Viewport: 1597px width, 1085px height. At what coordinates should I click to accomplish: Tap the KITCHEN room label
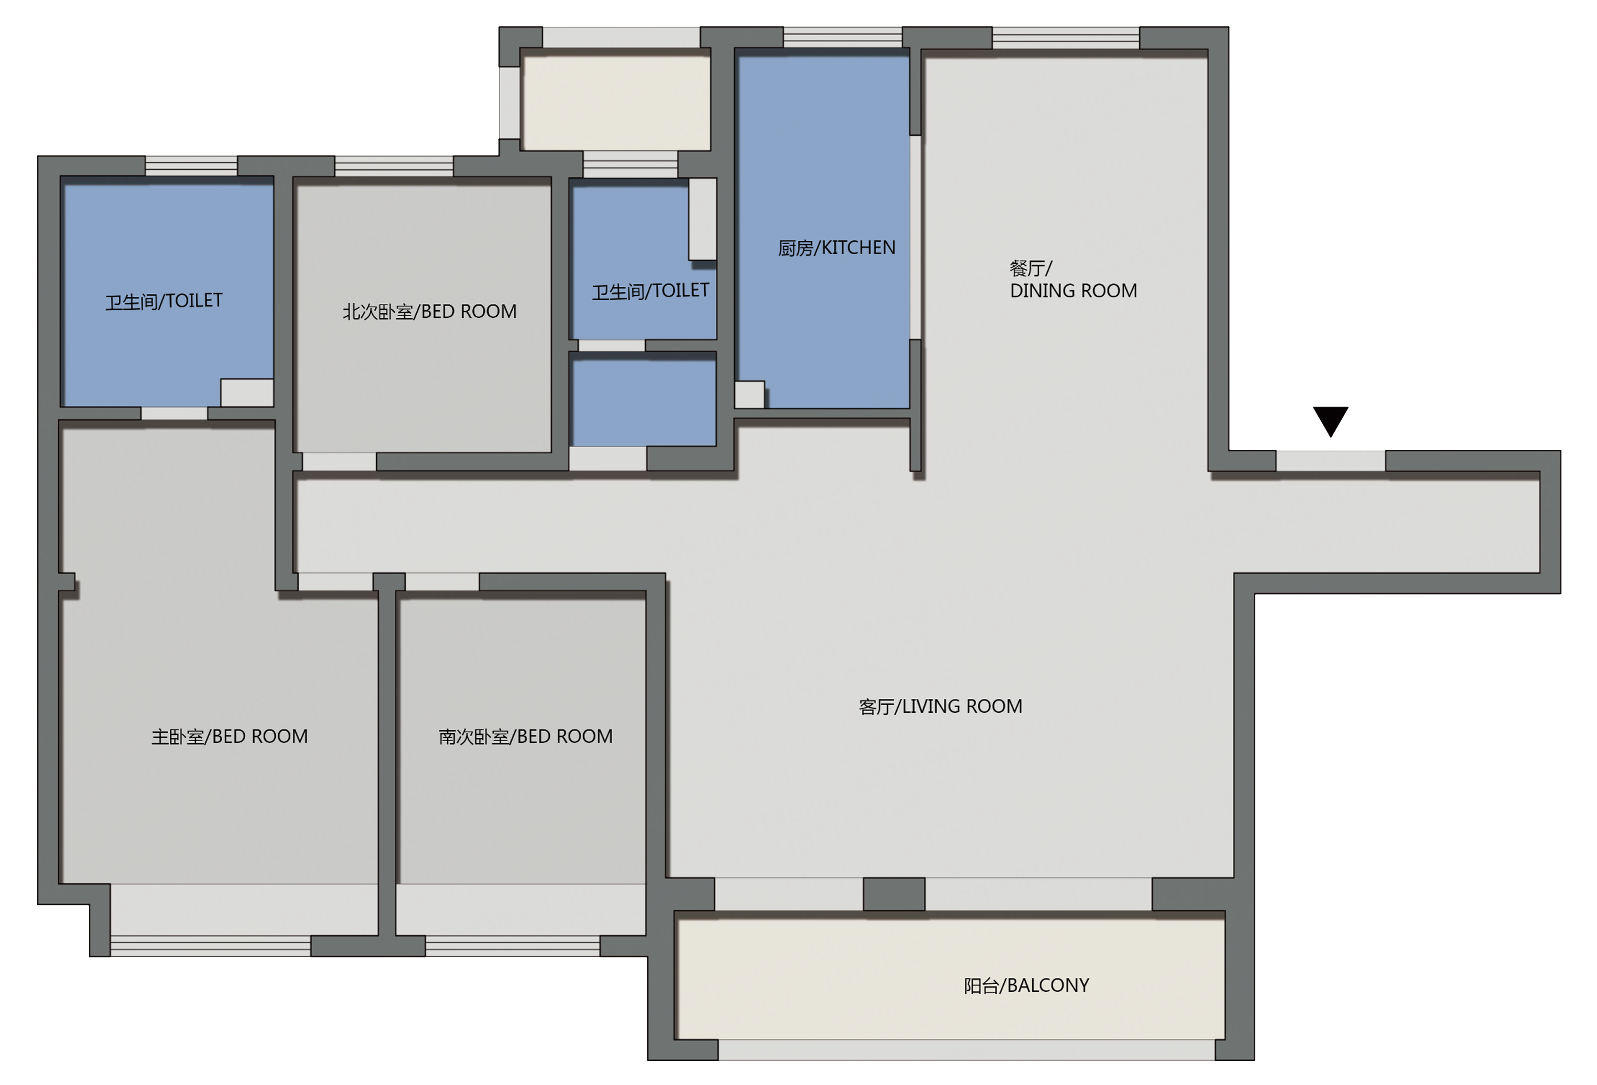[836, 247]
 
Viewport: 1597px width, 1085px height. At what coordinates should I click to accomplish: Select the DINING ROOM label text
[1073, 280]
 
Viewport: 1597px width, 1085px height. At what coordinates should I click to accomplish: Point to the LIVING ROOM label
[940, 706]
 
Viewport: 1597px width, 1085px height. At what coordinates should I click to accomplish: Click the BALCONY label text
[1026, 985]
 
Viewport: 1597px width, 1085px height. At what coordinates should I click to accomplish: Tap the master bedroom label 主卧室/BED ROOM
[230, 737]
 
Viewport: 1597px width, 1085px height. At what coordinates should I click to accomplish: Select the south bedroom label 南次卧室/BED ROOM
[525, 737]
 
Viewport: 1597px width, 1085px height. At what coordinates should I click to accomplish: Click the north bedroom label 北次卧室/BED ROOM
[429, 312]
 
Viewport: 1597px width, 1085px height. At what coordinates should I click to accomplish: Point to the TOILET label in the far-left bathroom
[164, 301]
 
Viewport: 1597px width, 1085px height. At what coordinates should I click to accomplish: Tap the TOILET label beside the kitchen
[650, 291]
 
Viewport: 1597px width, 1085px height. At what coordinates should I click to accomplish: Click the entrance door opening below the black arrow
[1331, 461]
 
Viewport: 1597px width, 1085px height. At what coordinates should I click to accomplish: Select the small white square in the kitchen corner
[750, 394]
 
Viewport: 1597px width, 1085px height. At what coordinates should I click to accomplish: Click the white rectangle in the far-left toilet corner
[247, 392]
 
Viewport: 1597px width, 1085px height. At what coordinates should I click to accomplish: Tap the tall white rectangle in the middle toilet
[703, 219]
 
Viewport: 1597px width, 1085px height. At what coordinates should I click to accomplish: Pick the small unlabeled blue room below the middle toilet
[644, 403]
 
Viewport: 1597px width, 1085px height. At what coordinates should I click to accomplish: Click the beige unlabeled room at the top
[616, 103]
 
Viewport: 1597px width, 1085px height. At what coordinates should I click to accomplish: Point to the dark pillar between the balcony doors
[893, 894]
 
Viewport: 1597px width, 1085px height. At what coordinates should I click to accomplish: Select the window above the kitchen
[842, 37]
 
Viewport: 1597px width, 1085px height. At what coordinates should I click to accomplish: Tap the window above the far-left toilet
[191, 166]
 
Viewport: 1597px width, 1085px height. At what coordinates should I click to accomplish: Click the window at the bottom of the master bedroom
[210, 946]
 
